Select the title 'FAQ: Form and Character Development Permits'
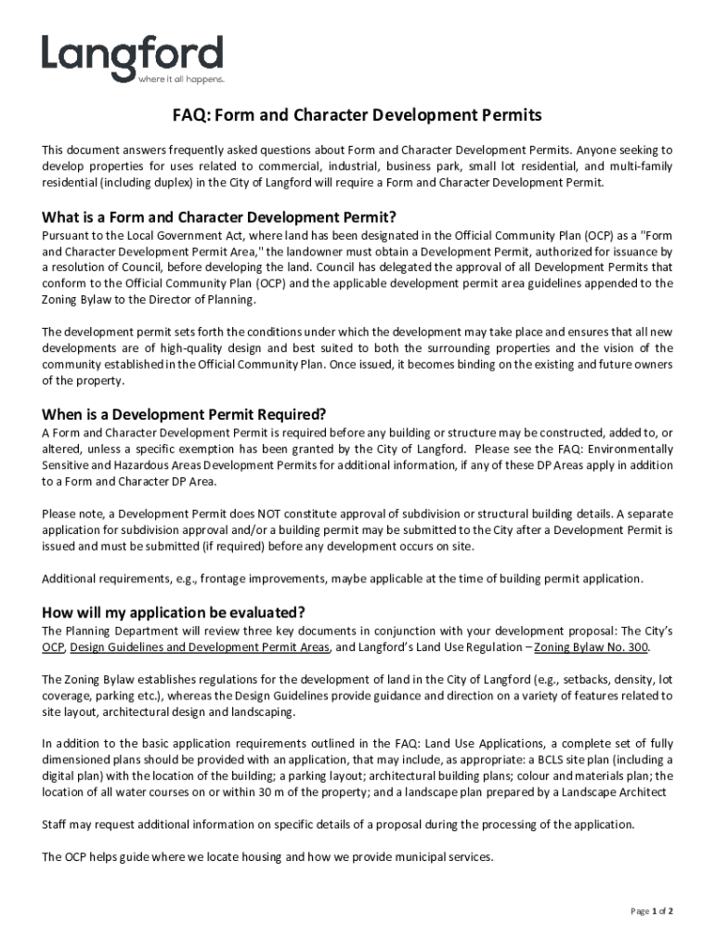pyautogui.click(x=357, y=116)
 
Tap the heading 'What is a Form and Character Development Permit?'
pyautogui.click(x=219, y=217)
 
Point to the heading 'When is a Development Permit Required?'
pyautogui.click(x=184, y=414)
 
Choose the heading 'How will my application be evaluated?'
pyautogui.click(x=174, y=612)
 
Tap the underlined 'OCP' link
pyautogui.click(x=53, y=647)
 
